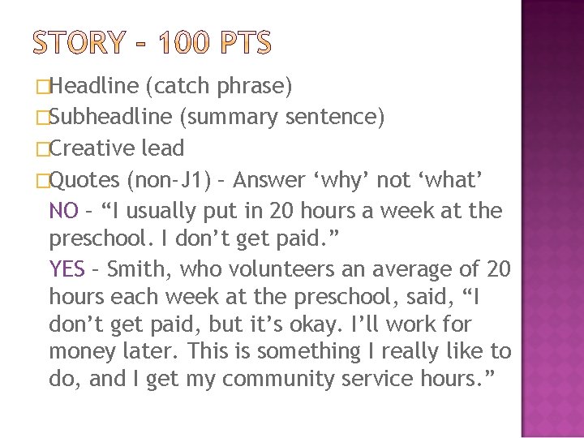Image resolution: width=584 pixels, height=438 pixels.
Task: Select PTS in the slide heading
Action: point(243,43)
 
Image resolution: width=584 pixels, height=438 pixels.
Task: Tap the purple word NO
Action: point(63,211)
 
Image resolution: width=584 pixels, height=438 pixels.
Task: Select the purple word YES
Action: point(67,268)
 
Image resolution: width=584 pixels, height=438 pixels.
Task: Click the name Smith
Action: point(135,268)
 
